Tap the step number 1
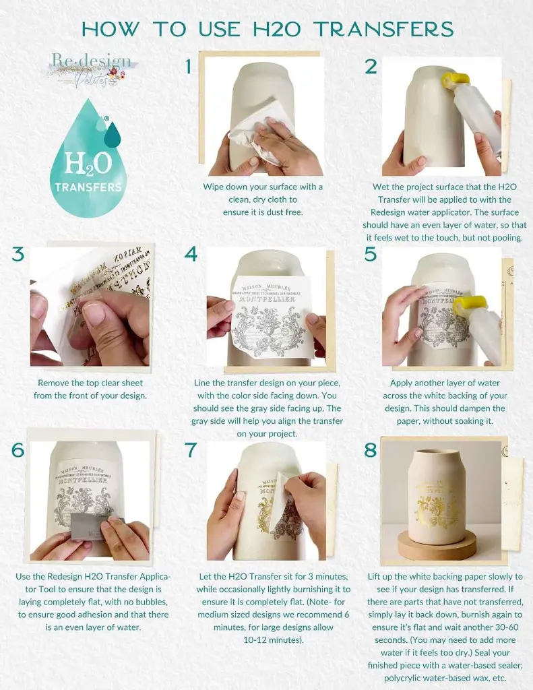(189, 66)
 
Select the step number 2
(371, 66)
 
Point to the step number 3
(18, 254)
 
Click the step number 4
(191, 254)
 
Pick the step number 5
(370, 254)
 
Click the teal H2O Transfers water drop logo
(88, 162)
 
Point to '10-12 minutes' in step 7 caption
(262, 639)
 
